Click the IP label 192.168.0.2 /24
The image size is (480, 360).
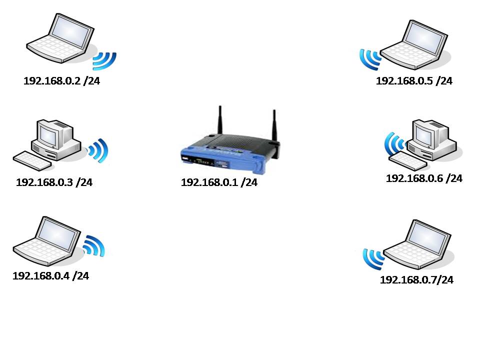[61, 81]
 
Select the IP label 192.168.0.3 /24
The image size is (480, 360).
[54, 182]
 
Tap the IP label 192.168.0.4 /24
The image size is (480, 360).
[50, 275]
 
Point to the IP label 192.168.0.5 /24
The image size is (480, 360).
[414, 81]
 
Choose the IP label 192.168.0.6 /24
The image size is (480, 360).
[424, 178]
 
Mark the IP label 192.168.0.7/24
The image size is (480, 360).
[416, 280]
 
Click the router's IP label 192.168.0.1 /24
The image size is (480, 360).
[219, 182]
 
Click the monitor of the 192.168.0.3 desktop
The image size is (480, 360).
[51, 134]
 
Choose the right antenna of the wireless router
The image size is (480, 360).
[274, 125]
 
